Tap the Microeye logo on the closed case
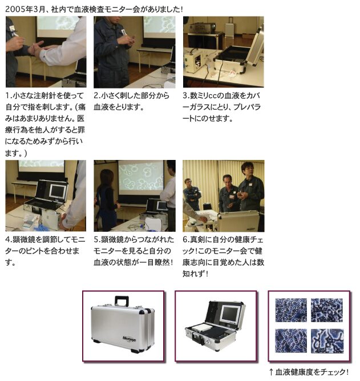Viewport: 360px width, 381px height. [x=130, y=339]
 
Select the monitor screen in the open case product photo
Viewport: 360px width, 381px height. [x=229, y=314]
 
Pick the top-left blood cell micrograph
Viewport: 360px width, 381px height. [x=291, y=310]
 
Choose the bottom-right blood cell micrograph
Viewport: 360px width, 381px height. [x=327, y=341]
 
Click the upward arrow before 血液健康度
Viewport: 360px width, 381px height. [x=271, y=372]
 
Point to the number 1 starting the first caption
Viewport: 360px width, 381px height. [x=7, y=95]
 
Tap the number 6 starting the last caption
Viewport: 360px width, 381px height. [x=185, y=239]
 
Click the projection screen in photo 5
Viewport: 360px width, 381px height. [x=141, y=176]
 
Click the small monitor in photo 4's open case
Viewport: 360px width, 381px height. [x=58, y=191]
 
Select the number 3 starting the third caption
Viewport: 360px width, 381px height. [x=185, y=95]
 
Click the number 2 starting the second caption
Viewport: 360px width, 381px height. [x=96, y=95]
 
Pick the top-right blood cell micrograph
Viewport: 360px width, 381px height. [x=327, y=310]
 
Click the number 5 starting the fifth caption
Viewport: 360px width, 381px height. [x=96, y=239]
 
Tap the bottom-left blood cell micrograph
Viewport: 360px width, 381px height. [x=291, y=341]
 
